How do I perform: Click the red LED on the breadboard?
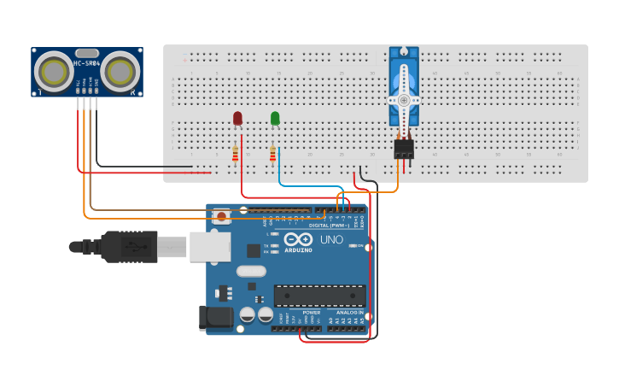point(237,118)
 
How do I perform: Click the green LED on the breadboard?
point(275,118)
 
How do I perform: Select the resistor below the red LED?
point(236,154)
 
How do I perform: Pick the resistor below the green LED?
point(272,154)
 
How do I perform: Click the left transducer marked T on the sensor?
point(55,68)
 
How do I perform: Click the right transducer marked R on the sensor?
point(120,68)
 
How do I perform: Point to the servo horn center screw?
point(403,100)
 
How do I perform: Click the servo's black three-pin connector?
point(403,150)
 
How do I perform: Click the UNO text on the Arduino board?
point(331,240)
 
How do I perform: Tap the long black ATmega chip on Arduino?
point(319,296)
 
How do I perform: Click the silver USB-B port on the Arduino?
point(208,246)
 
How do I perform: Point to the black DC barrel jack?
point(215,318)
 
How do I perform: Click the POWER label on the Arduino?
point(312,313)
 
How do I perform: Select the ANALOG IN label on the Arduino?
point(348,313)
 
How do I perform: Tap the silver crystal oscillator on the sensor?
point(87,53)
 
